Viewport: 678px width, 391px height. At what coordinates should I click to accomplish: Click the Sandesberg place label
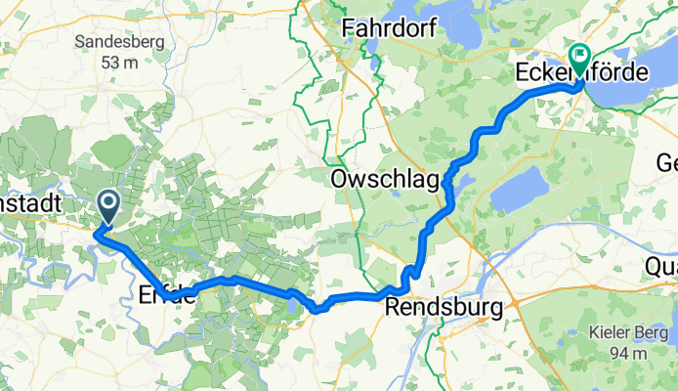coord(110,42)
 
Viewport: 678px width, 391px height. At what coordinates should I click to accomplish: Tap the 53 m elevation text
coord(110,63)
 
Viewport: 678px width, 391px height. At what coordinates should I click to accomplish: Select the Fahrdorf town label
coord(389,32)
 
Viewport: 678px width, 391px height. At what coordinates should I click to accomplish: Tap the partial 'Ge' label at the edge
coord(665,162)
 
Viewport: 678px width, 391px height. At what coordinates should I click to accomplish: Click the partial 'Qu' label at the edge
coord(662,266)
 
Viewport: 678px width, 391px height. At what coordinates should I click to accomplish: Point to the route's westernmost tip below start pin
coord(97,233)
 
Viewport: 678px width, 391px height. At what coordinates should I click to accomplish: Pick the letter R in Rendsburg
coord(395,308)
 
